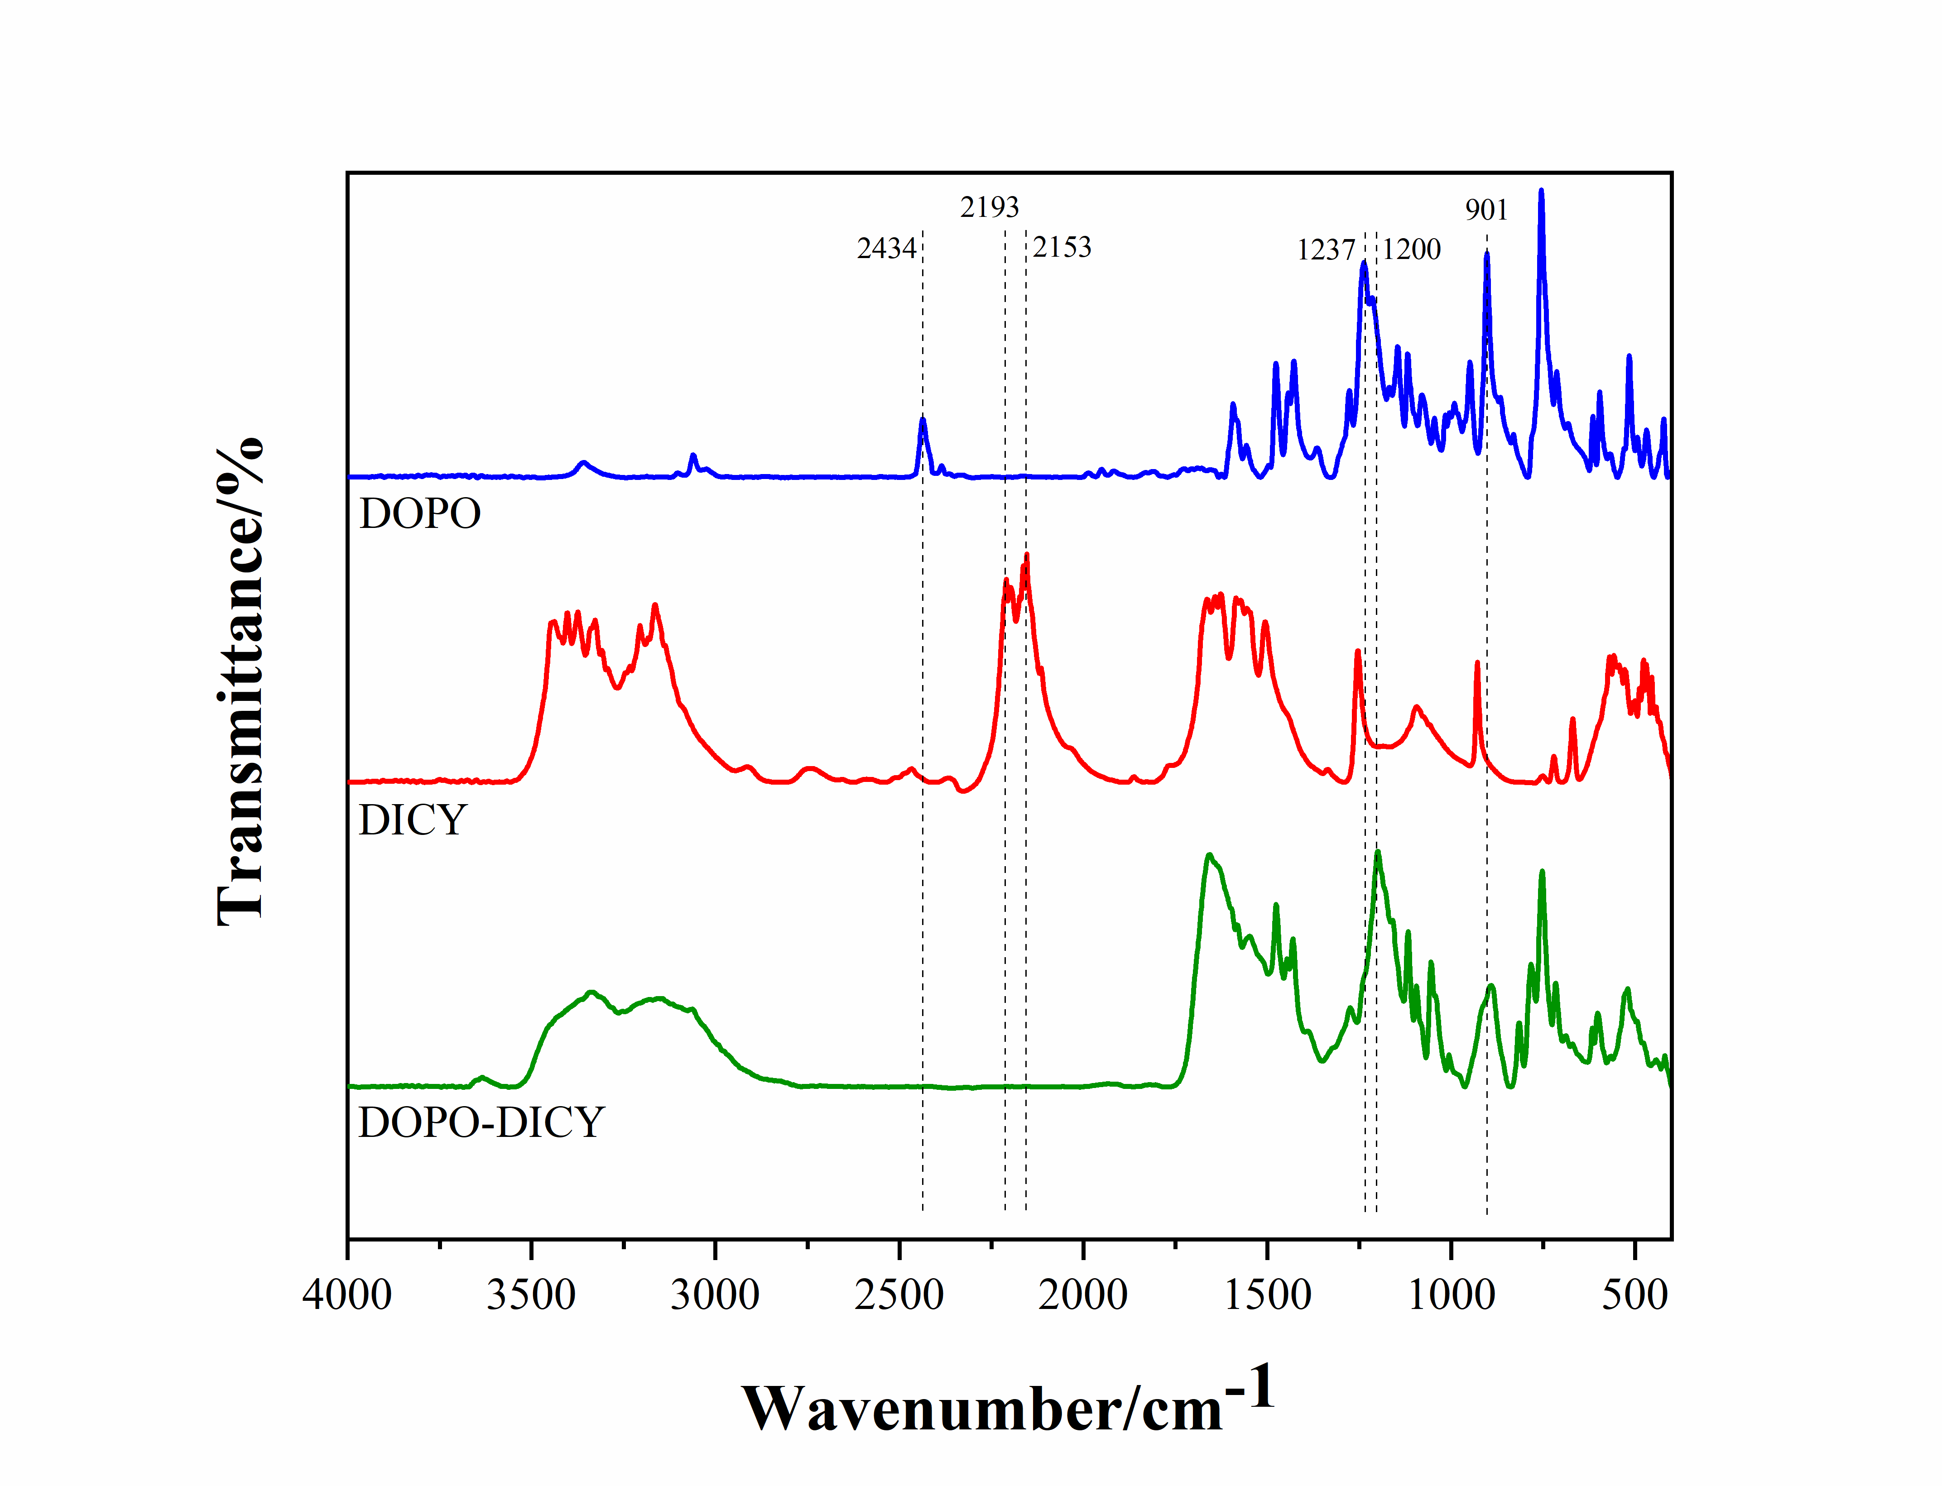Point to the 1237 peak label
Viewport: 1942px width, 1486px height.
click(1325, 250)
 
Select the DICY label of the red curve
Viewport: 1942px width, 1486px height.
click(412, 820)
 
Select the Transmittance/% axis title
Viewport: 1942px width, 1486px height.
click(239, 681)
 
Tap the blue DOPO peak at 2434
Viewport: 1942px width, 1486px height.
click(923, 421)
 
